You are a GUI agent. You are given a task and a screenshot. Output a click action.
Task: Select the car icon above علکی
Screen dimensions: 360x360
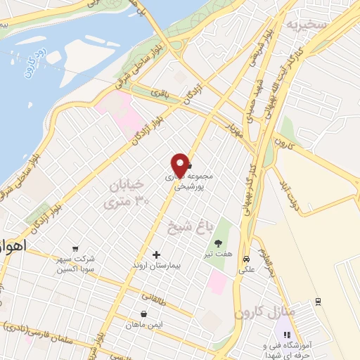(x=245, y=258)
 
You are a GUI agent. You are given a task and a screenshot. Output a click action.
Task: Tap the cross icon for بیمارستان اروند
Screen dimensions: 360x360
(x=156, y=254)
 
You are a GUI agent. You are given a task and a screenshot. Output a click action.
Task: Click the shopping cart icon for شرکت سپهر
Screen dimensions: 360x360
(x=75, y=248)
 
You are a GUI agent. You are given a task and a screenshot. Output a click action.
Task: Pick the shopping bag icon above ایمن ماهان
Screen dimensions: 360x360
(x=144, y=314)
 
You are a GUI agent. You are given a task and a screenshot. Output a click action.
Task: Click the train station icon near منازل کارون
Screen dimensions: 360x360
(x=319, y=301)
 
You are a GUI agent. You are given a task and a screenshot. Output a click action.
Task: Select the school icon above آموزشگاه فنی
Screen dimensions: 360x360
(x=286, y=335)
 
